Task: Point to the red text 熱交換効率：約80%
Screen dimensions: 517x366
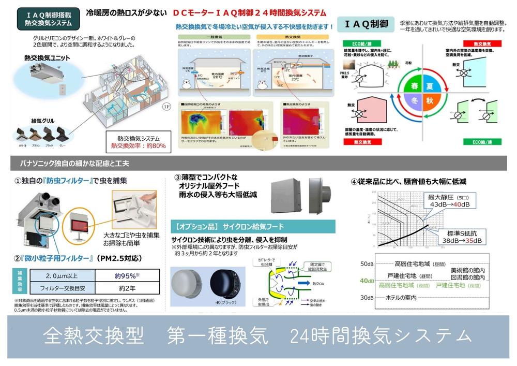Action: coord(138,146)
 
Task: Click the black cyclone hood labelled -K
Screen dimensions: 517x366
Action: coord(226,286)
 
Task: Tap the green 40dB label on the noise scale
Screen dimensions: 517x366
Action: coord(367,281)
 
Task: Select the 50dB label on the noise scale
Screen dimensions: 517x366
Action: coord(367,263)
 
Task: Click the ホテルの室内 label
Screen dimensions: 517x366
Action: coord(402,298)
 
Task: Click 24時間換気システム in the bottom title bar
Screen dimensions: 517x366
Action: coord(381,336)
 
